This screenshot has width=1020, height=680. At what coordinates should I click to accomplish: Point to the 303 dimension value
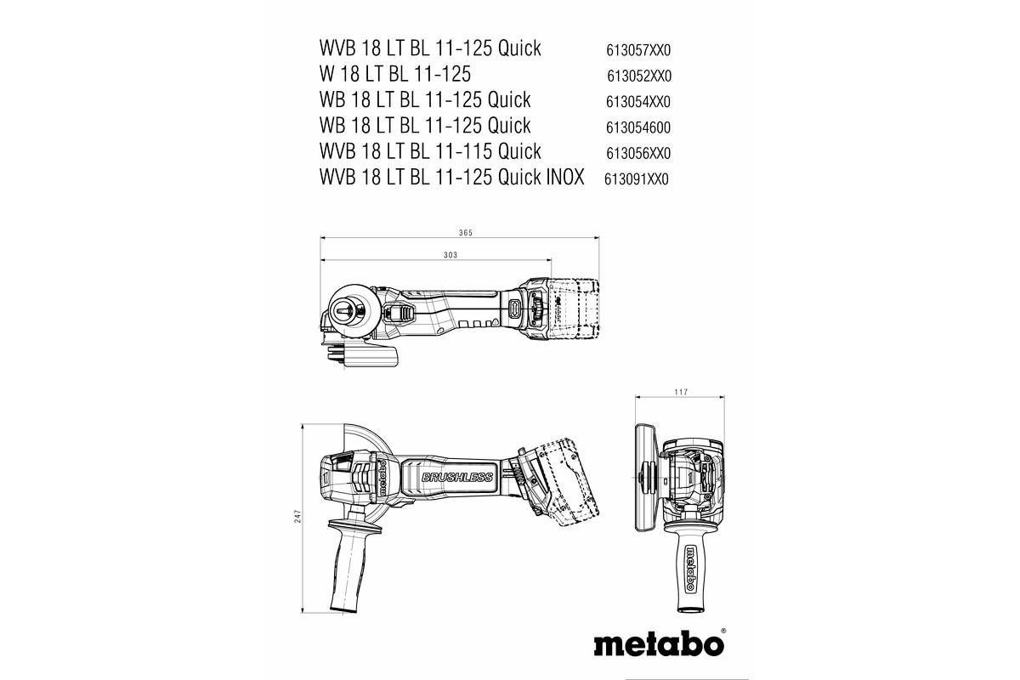tap(451, 255)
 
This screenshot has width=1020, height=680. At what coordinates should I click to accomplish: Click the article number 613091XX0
tap(637, 179)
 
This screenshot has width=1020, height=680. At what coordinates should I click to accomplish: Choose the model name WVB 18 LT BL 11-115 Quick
tap(430, 151)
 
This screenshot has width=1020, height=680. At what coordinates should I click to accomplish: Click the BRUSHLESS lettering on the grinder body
tap(456, 478)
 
